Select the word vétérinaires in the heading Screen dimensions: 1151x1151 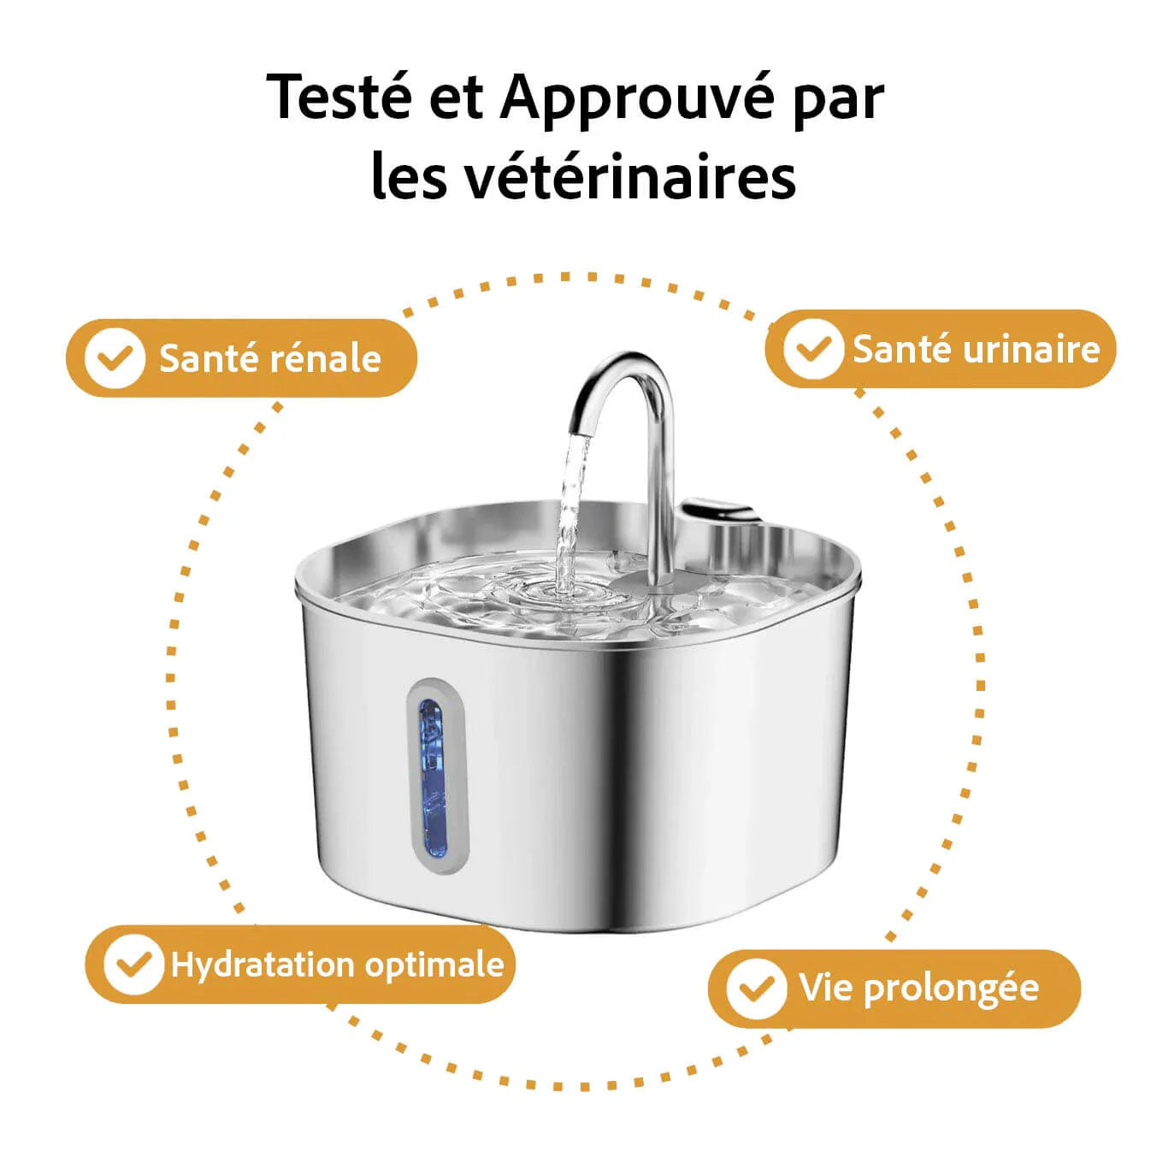[631, 177]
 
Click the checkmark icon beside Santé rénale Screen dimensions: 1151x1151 [115, 357]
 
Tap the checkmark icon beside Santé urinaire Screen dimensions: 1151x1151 [812, 348]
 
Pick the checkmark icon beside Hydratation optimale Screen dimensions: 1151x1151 [133, 965]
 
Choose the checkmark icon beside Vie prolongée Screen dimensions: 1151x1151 [756, 989]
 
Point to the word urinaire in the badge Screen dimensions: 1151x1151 [1031, 349]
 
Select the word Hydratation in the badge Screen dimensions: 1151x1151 [263, 965]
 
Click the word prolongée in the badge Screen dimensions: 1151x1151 [951, 989]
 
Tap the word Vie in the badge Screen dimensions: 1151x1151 [826, 988]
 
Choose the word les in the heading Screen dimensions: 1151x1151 [409, 177]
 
